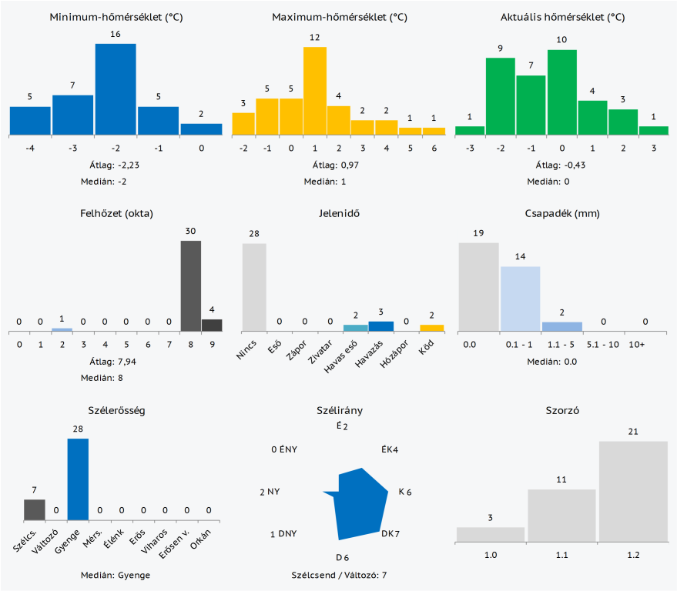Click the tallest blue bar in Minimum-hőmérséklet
[116, 89]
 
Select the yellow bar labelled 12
[315, 91]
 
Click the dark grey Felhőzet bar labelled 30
[190, 285]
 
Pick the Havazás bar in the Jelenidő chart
[381, 326]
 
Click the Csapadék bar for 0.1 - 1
[521, 299]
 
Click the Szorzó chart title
[561, 410]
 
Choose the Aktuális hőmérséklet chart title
[561, 17]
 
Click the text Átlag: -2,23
[116, 164]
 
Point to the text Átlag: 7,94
[116, 361]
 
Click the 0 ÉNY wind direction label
[285, 449]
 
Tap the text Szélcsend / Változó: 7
[339, 575]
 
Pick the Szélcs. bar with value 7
[34, 510]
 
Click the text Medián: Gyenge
[116, 575]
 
